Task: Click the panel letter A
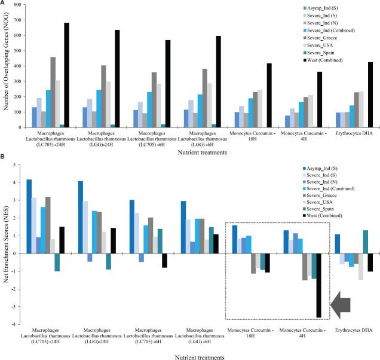pyautogui.click(x=4, y=4)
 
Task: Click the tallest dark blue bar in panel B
pyautogui.click(x=29, y=216)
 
